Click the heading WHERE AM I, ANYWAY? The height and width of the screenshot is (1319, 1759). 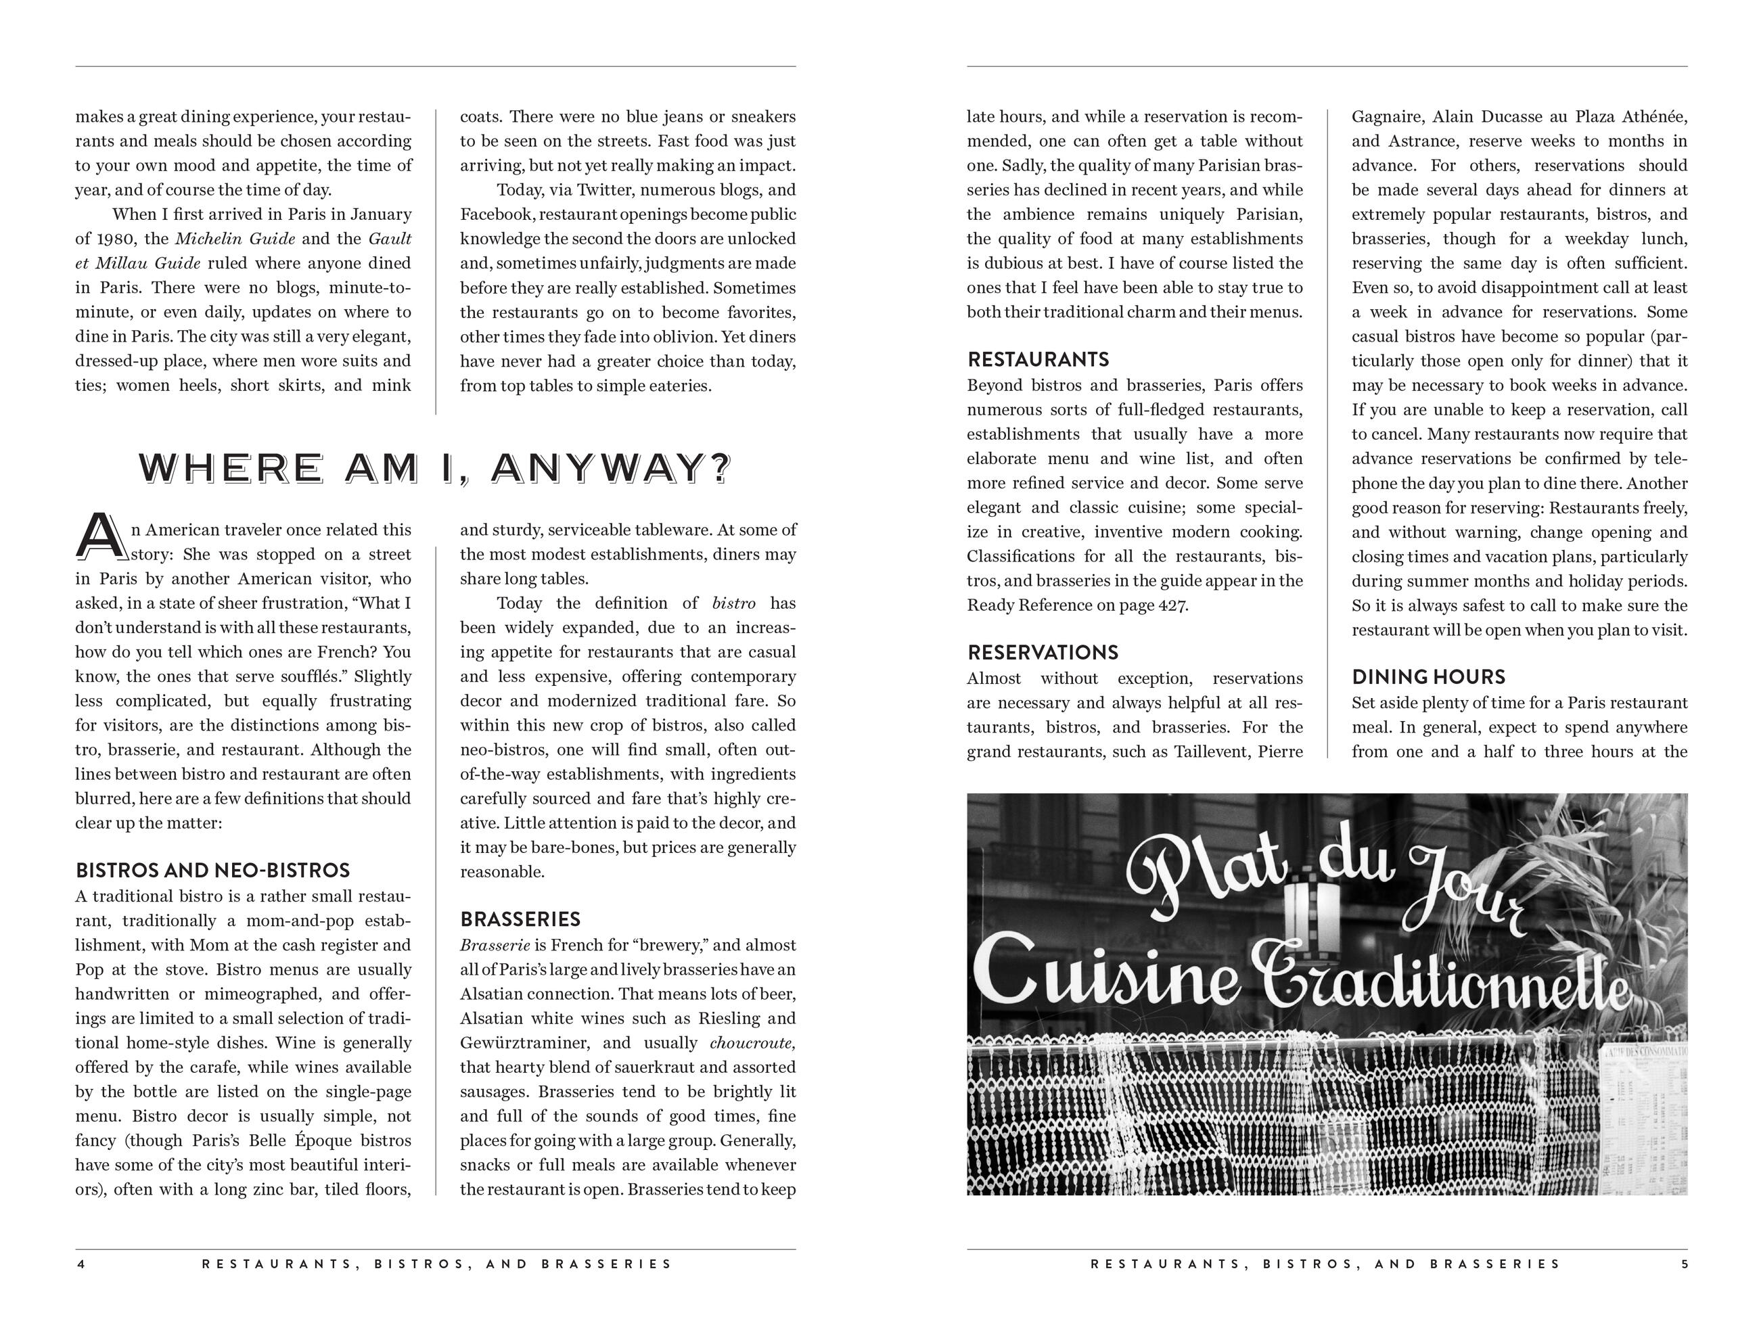pos(434,467)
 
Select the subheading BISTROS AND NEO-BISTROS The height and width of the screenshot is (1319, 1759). pos(212,871)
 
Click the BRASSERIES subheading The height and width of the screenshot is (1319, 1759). pos(520,920)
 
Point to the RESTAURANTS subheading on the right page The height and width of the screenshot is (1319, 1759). pos(1038,360)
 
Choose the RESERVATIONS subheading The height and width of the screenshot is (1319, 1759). pos(1043,653)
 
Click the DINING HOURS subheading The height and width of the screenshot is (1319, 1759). pos(1428,677)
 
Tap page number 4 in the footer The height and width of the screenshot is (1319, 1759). pos(81,1264)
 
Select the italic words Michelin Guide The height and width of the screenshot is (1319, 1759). pos(235,239)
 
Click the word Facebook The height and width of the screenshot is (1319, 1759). pos(493,214)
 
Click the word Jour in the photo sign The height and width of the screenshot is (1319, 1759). pos(1463,890)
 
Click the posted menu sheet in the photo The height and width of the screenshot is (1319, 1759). pos(1645,1117)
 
